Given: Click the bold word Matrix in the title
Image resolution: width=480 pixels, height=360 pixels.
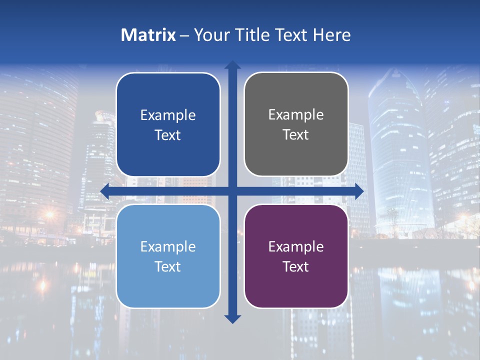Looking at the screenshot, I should coord(148,35).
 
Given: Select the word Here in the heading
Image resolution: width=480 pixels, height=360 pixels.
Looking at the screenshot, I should coord(331,35).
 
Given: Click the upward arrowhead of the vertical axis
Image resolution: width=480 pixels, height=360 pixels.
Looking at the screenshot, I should coord(232,65).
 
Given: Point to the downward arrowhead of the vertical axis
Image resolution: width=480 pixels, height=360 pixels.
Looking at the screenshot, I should coord(232,318).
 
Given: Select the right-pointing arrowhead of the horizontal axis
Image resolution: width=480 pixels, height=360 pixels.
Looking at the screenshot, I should coord(359,191).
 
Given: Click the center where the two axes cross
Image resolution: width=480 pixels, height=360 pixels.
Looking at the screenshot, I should coord(232,191).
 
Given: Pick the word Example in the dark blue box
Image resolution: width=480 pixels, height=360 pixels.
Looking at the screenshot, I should coord(168,115).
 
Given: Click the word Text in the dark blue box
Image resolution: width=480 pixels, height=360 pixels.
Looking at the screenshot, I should coord(168,135).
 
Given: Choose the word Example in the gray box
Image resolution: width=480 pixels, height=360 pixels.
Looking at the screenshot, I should coord(296,115).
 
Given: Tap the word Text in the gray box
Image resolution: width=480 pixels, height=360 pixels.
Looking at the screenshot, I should coord(296,135).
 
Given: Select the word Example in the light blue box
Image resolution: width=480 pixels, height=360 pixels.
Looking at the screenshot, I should coord(168,247).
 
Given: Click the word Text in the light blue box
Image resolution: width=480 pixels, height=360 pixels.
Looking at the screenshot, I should coord(168,267).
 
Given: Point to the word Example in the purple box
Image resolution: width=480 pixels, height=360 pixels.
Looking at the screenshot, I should coord(296,247).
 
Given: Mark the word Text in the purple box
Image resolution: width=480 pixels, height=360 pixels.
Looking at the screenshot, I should coord(296,267).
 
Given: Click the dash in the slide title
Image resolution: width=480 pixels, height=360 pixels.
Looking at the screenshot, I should coord(184,35).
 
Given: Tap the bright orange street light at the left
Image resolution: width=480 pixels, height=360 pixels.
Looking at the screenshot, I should coord(49,214).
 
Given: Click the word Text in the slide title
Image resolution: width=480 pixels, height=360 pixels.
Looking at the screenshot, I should coord(289,35).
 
